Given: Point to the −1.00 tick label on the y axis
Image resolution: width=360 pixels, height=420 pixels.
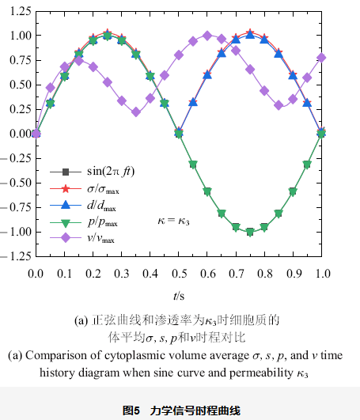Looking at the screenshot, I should coord(14,232).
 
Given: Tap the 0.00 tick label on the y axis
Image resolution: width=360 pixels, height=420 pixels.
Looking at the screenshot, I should coord(17,134).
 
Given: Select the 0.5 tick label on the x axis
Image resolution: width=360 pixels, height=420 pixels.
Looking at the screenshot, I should coord(178,273).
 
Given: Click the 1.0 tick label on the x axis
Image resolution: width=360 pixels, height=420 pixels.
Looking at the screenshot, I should coord(322,273).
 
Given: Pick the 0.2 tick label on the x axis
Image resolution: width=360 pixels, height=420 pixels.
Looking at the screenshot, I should coord(92,273).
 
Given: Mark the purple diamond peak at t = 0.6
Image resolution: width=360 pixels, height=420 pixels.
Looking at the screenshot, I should coord(207,36).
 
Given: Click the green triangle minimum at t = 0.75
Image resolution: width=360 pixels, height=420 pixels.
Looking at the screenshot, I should coord(250,232).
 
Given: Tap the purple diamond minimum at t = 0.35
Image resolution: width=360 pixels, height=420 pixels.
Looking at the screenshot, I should coord(135,112).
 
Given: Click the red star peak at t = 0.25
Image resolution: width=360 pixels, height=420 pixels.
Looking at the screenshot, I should coord(107,35).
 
